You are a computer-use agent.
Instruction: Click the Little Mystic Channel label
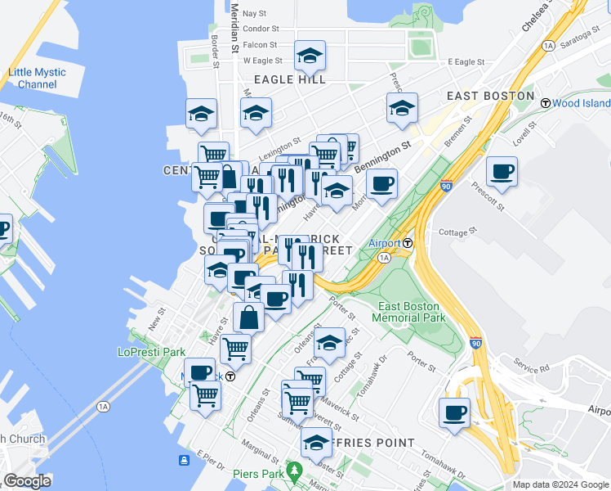pos(37,79)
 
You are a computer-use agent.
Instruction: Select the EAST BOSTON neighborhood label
pos(490,96)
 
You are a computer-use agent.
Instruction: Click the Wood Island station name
pos(581,103)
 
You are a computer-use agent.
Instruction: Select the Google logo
pos(27,480)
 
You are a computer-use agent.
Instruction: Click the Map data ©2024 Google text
pos(560,484)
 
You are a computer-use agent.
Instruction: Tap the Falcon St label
pos(260,45)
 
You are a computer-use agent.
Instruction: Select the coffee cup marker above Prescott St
pos(501,173)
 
